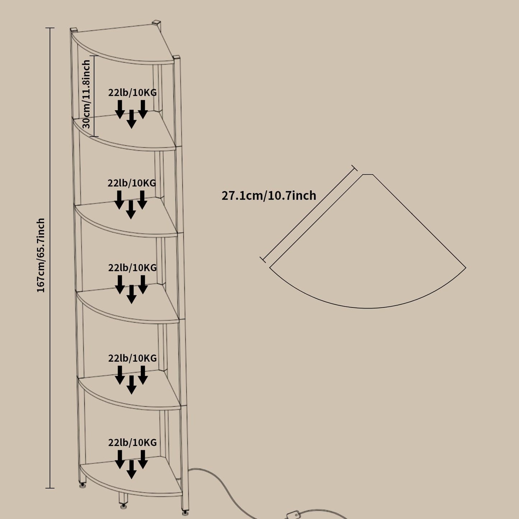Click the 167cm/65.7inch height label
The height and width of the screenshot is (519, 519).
click(x=41, y=255)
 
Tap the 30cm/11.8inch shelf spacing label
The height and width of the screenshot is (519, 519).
click(x=86, y=94)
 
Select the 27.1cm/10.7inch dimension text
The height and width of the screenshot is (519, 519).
click(x=269, y=196)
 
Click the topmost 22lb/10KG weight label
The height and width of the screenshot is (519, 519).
click(x=133, y=93)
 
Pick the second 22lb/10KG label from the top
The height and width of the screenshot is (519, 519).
click(x=132, y=183)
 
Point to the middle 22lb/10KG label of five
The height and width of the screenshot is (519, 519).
click(x=133, y=268)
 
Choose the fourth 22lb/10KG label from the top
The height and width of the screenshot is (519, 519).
click(x=133, y=358)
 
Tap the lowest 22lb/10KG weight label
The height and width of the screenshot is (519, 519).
click(x=133, y=442)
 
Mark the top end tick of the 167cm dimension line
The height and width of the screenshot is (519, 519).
click(x=50, y=28)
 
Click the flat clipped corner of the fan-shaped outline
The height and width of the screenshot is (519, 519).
click(x=368, y=175)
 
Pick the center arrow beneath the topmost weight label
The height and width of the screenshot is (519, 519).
click(x=131, y=119)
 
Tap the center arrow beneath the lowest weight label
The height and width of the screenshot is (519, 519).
click(x=131, y=469)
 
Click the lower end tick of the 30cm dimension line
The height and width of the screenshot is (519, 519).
click(x=94, y=136)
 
